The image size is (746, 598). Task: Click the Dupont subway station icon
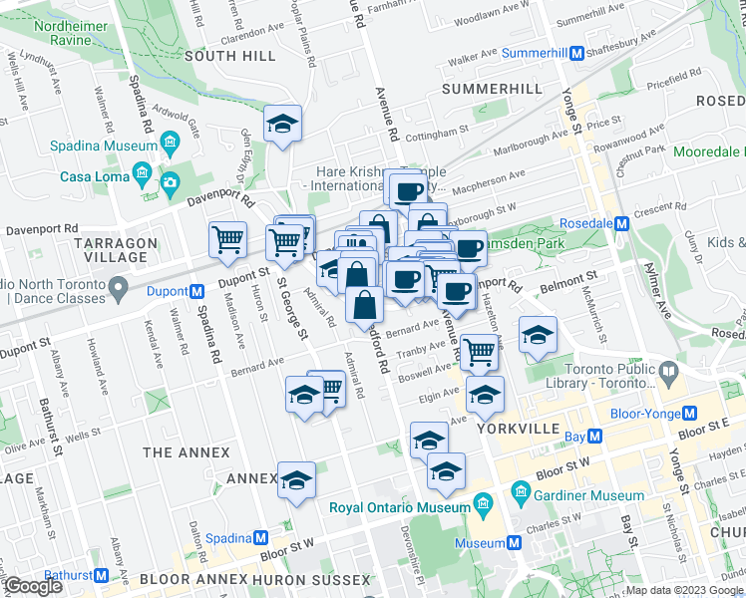(197, 292)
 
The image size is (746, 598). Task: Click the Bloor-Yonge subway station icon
(688, 414)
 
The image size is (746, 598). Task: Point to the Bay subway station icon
(595, 437)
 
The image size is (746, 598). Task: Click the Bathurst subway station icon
(101, 575)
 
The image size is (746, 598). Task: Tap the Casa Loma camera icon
(169, 180)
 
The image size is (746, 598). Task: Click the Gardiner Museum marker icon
(519, 494)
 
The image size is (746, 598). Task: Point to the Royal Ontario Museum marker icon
(484, 500)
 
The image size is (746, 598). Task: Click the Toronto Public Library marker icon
(667, 373)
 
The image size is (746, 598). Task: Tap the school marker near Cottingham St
(283, 125)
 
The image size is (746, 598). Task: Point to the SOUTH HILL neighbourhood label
(222, 56)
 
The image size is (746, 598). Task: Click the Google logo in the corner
(34, 586)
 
